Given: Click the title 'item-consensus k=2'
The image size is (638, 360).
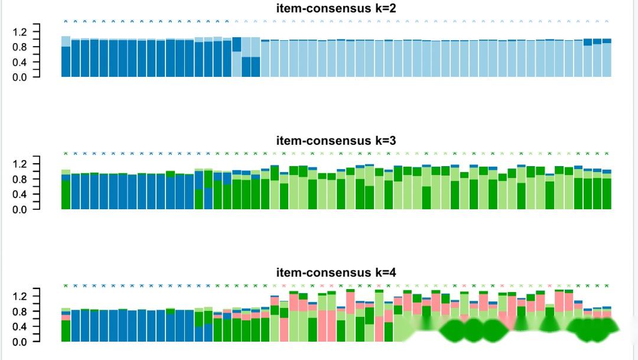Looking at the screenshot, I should pos(336,8).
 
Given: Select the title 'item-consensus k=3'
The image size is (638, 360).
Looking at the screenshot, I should pos(336,141).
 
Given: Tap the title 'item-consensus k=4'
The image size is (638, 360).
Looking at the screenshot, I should pos(336,273).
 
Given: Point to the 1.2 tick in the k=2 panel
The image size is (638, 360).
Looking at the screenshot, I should pos(20,31).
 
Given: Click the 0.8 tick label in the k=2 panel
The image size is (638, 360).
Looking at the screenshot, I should pos(20,47).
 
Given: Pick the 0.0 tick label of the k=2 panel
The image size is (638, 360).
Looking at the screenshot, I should pos(20,77).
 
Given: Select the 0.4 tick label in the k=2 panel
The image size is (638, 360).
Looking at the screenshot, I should pos(20,62).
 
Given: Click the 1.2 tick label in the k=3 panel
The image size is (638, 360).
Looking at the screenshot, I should pos(20,164).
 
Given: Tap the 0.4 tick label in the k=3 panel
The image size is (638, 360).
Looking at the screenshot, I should pos(20,194).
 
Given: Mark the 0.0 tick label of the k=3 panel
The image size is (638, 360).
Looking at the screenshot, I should pos(20,209).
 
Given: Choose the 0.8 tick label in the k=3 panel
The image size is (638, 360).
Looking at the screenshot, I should pos(20,179).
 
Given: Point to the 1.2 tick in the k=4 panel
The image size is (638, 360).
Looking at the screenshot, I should pos(20,296).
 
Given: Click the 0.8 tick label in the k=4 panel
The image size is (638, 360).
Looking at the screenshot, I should pos(20,311).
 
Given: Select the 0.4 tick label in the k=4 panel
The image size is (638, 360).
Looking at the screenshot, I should pos(20,326).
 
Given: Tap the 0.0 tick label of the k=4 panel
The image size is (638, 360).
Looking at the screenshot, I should pos(20,342).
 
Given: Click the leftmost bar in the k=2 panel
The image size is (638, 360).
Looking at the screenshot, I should pos(66,59).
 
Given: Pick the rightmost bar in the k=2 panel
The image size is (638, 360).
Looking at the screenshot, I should pos(607,59).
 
